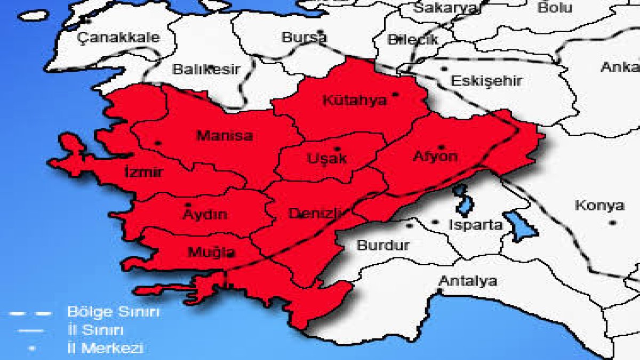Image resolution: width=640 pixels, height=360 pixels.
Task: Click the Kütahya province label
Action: pos(354,100)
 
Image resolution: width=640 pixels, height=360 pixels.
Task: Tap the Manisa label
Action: pos(225,135)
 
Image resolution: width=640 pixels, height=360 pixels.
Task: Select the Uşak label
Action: pos(327,158)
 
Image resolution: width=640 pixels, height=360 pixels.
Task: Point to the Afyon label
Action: pos(435,157)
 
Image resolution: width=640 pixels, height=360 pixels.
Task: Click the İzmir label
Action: pos(143,172)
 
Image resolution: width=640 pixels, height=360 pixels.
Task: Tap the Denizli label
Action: pos(315,213)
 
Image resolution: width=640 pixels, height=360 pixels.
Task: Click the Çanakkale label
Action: pos(118,38)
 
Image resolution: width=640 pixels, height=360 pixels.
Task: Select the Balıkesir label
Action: pos(206,70)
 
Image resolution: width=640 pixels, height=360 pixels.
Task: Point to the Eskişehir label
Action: pos(486,81)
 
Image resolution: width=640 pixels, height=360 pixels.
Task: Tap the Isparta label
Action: pos(476,225)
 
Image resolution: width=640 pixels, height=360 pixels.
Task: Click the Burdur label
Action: pos(383,246)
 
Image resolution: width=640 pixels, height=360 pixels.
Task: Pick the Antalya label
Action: pos(468,281)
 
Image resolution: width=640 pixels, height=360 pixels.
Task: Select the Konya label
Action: pos(599,206)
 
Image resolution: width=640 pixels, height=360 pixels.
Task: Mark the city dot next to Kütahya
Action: pos(395,94)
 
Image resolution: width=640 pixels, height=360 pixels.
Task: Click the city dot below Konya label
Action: pos(613,222)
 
